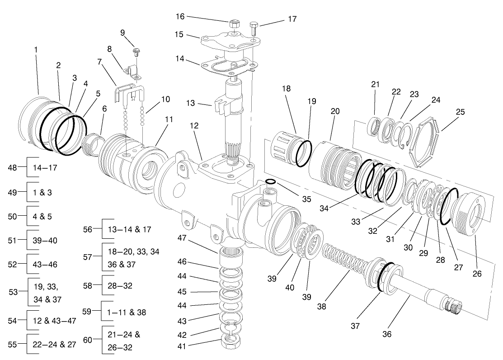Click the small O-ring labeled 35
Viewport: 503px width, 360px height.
[x=270, y=182]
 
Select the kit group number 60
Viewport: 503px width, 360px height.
[x=88, y=340]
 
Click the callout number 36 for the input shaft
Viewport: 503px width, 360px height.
[x=387, y=334]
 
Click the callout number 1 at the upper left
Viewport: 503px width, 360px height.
[x=36, y=49]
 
